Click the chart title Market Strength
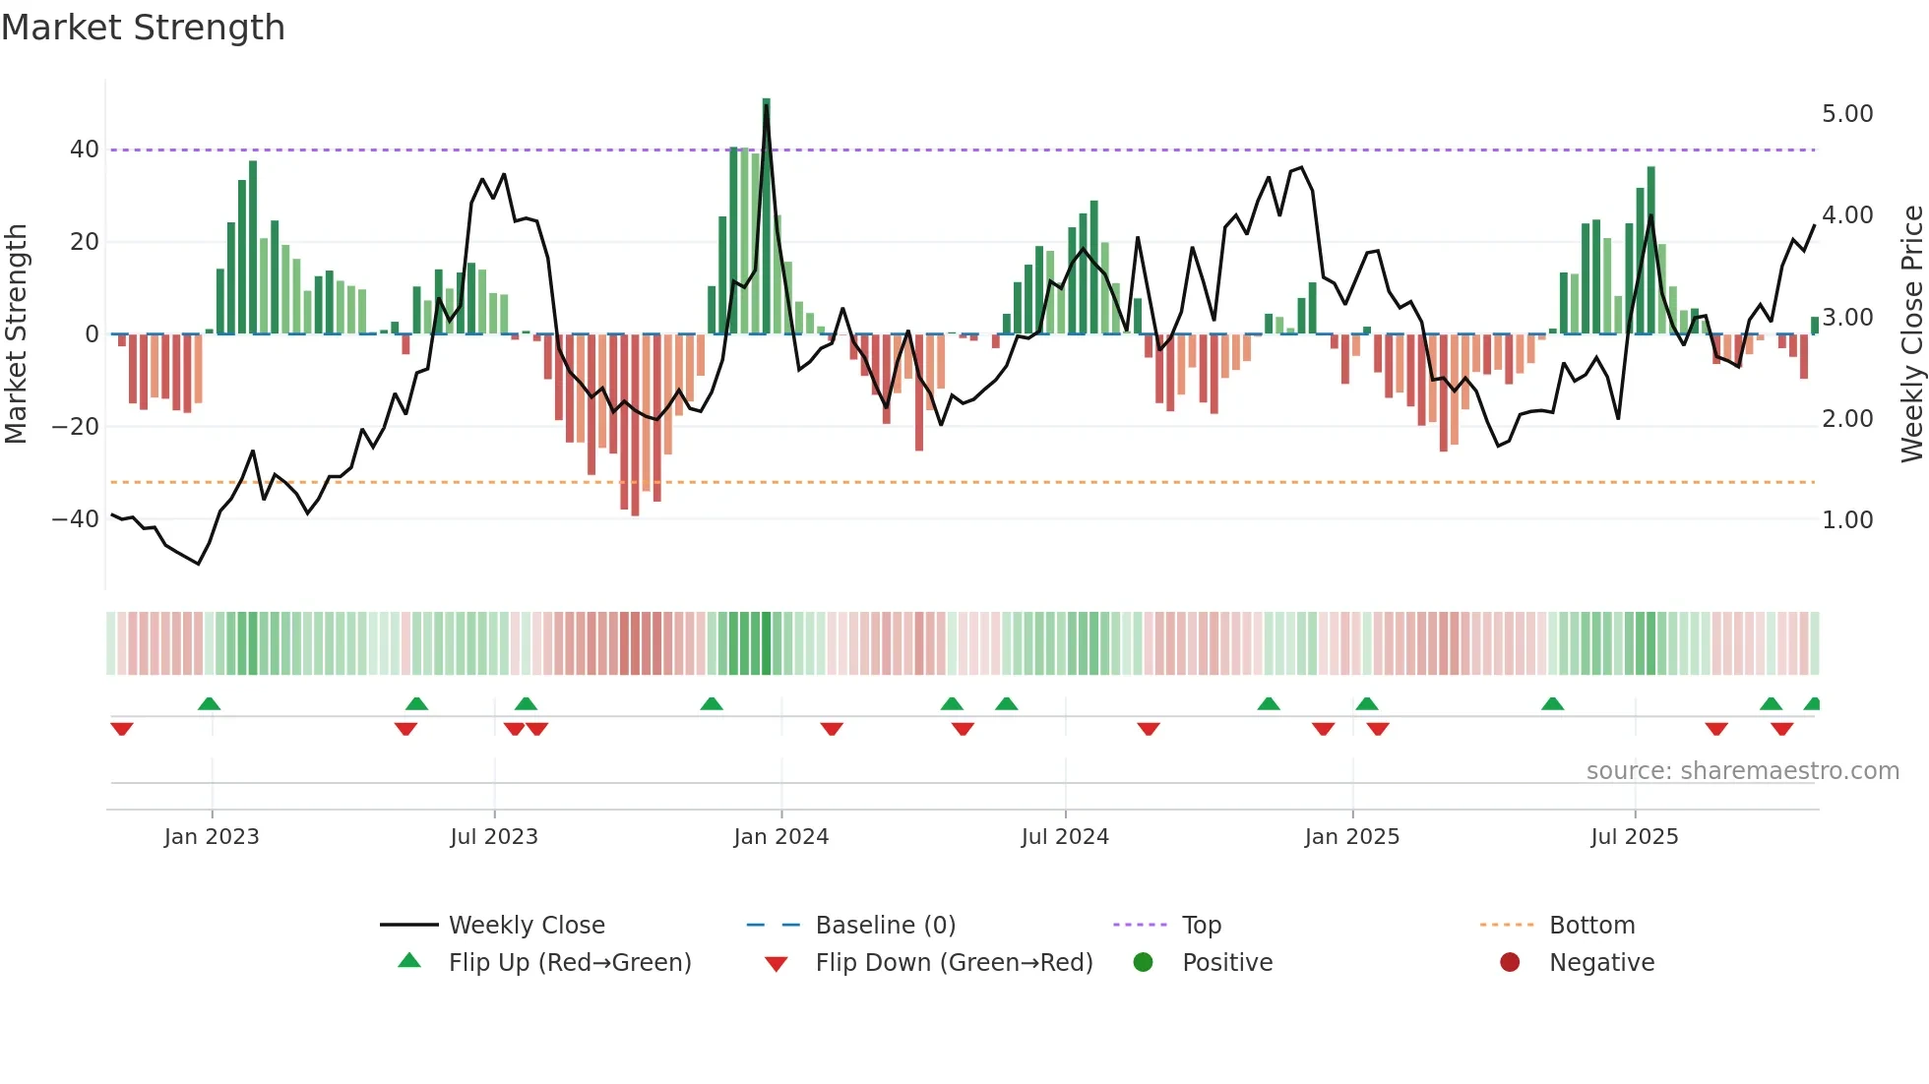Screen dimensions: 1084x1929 pyautogui.click(x=143, y=28)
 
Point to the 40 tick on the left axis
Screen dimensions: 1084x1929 pyautogui.click(x=84, y=150)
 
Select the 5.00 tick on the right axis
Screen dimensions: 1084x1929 pyautogui.click(x=1847, y=114)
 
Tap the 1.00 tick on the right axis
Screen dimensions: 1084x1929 pyautogui.click(x=1847, y=520)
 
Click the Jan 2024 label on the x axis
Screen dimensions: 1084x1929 pyautogui.click(x=780, y=837)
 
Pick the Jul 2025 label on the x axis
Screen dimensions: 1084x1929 pyautogui.click(x=1634, y=837)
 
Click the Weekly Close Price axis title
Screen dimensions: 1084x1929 pyautogui.click(x=1911, y=333)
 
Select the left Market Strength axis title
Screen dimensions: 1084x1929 pyautogui.click(x=17, y=333)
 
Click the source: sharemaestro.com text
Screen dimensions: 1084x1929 pyautogui.click(x=1742, y=771)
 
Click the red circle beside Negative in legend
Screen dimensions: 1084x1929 pyautogui.click(x=1509, y=963)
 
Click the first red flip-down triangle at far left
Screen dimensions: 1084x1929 pyautogui.click(x=122, y=729)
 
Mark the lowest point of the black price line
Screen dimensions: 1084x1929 pyautogui.click(x=199, y=564)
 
